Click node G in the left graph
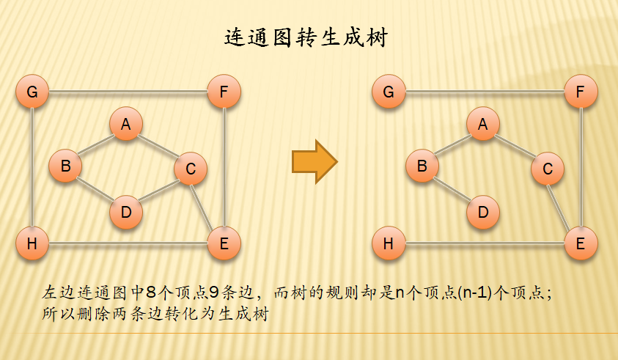pos(32,92)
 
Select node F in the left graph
pos(224,92)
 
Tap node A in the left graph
pos(126,124)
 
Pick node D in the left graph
pos(126,212)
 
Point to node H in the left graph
pos(32,243)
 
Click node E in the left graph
pos(224,243)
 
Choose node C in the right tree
pos(548,169)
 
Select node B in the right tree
pos(422,166)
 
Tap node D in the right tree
pos(482,212)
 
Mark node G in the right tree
pos(389,92)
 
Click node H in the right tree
pos(389,243)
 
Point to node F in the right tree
pos(581,92)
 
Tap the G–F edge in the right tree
pos(485,92)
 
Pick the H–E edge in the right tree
pos(485,243)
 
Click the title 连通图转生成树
pos(305,38)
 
